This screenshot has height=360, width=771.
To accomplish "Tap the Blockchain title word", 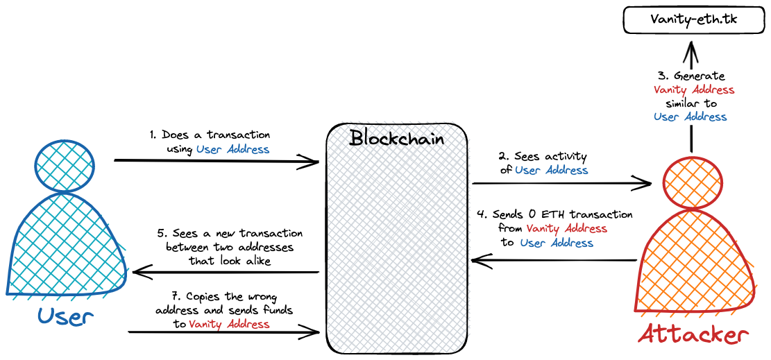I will pos(397,137).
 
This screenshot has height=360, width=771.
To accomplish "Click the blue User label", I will pos(65,317).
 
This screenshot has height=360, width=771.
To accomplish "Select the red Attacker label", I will pos(693,334).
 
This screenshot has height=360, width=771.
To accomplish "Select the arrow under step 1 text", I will pos(216,162).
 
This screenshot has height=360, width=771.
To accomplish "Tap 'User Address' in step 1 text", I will pos(232,148).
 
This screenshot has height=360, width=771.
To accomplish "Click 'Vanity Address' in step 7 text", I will pos(229,324).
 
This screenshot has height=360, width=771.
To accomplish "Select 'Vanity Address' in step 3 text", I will pos(694,89).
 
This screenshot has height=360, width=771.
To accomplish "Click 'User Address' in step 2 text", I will pos(552,170).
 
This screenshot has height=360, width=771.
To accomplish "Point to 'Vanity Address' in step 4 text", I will pos(567,228).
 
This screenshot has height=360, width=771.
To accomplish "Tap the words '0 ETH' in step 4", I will pos(545,214).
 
